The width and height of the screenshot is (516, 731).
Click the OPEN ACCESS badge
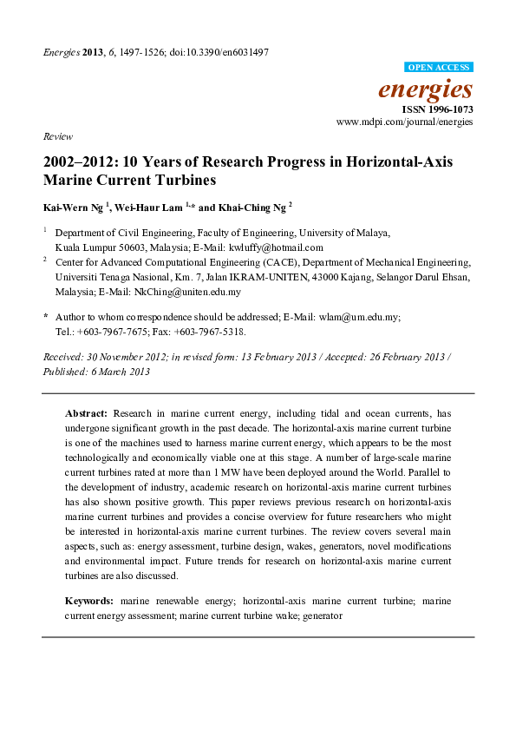tap(438, 67)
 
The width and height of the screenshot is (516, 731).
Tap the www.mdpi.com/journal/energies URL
tap(405, 122)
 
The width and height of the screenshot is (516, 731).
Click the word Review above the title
tap(57, 137)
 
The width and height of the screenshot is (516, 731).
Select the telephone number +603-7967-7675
tap(116, 332)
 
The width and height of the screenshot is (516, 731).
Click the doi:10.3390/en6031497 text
tap(220, 52)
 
